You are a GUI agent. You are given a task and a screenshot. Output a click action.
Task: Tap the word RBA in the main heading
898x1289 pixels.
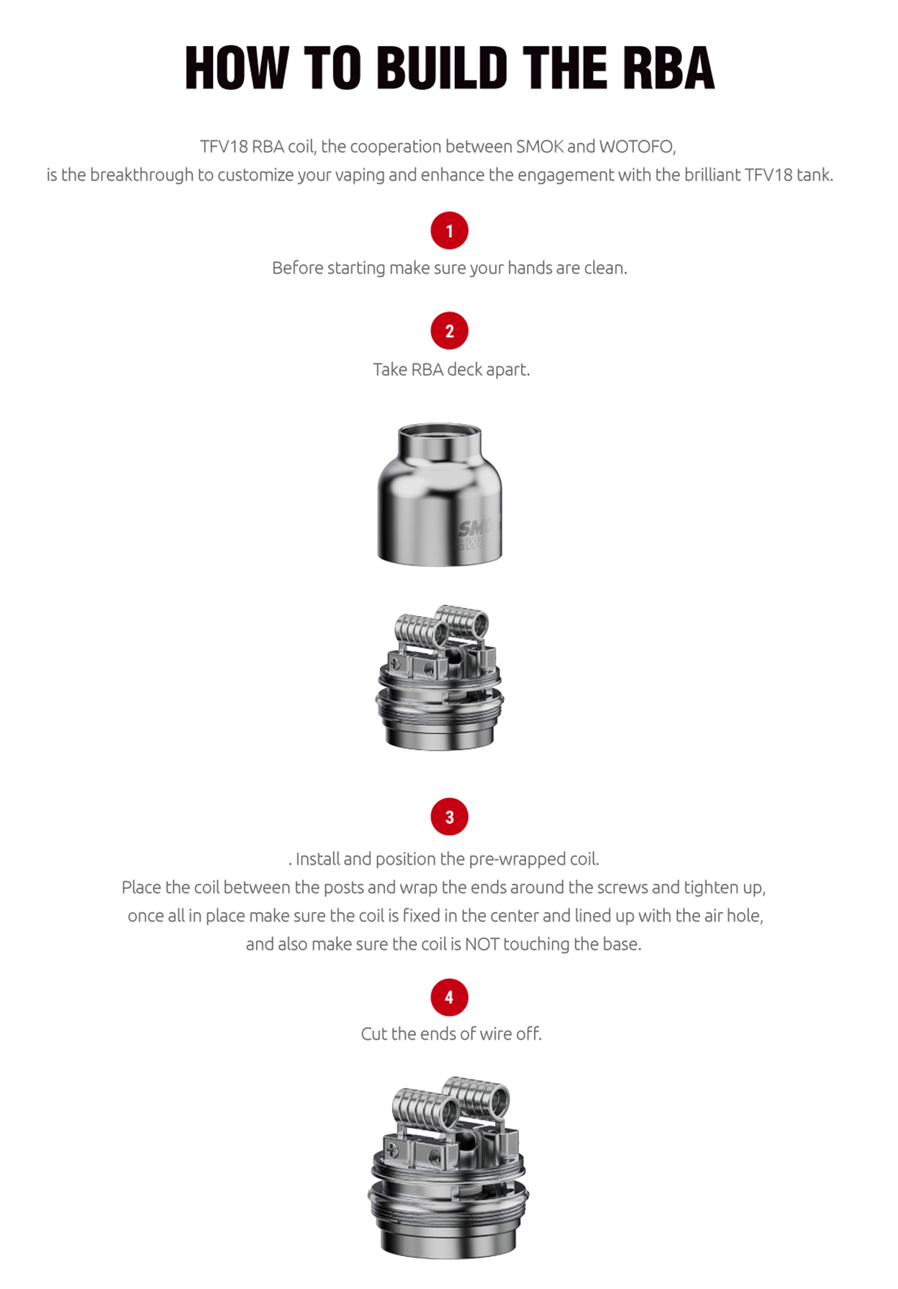point(668,68)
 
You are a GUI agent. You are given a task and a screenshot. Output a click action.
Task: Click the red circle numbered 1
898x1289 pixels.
point(449,230)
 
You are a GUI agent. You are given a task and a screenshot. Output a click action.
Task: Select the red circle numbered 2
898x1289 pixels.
point(449,331)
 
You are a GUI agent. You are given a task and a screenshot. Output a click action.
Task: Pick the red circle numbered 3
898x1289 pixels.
point(449,817)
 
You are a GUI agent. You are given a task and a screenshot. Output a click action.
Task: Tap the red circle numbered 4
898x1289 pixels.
point(449,998)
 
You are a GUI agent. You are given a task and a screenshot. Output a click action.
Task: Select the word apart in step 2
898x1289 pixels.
point(508,370)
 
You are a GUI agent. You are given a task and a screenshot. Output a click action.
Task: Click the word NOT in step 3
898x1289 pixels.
point(481,944)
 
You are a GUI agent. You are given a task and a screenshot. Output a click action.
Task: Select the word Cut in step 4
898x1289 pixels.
point(373,1034)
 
